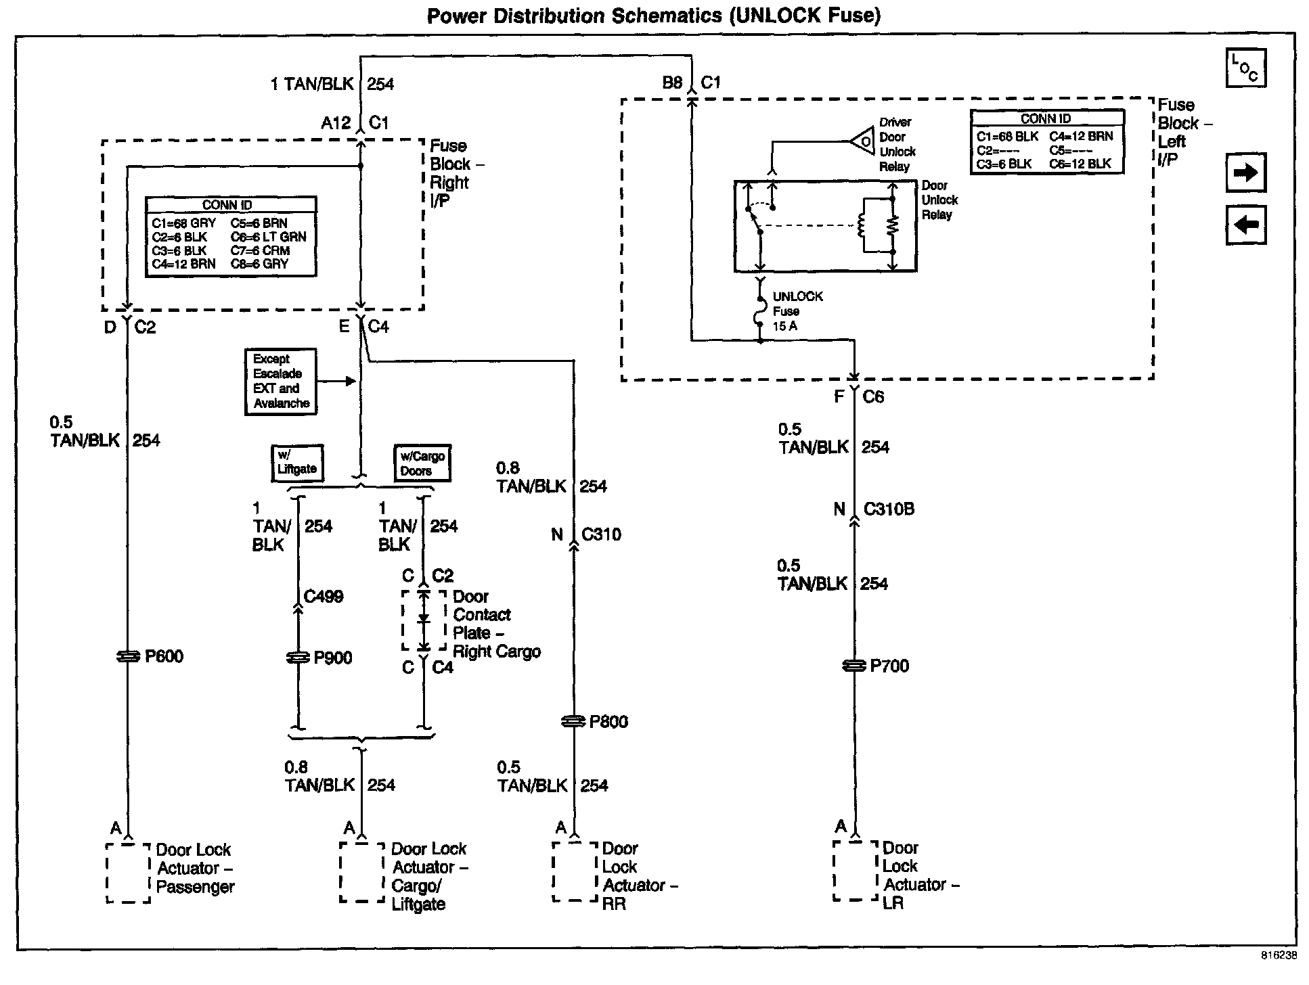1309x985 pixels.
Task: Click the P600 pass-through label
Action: click(164, 656)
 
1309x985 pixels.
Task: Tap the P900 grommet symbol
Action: click(298, 658)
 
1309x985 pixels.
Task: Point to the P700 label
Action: click(889, 666)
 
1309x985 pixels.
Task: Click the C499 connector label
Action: click(324, 597)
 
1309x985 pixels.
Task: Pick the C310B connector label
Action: click(889, 509)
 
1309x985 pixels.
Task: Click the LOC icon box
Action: click(1245, 68)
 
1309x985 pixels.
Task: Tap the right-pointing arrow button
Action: click(1245, 173)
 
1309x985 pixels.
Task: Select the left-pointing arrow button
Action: click(1245, 225)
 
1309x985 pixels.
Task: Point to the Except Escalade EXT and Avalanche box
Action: click(281, 382)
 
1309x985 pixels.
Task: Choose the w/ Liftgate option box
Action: click(297, 463)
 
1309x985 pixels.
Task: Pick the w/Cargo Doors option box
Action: click(422, 463)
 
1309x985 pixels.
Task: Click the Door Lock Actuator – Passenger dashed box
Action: click(129, 873)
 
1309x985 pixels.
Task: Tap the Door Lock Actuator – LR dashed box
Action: click(856, 871)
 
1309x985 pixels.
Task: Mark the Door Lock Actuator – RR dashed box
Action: click(575, 871)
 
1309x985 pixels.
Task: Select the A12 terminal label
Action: click(336, 123)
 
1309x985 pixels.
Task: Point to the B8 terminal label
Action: click(672, 83)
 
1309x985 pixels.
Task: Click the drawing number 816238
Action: click(1279, 956)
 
